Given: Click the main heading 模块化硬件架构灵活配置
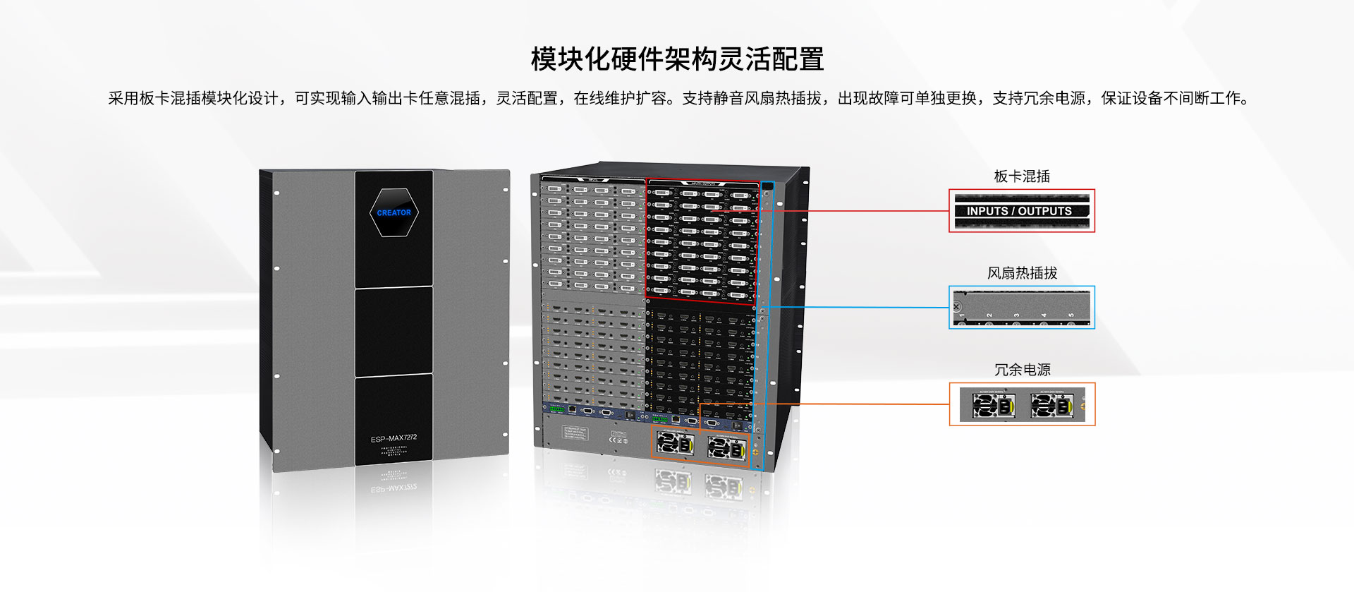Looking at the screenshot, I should click(x=677, y=59).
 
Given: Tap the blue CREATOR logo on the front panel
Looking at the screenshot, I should click(x=394, y=212).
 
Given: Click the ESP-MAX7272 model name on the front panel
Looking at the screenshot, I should click(x=394, y=438).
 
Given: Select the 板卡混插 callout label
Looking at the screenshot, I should click(x=1022, y=176).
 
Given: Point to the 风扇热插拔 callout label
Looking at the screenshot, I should click(x=1022, y=273).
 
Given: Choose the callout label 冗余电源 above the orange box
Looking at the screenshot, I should click(x=1022, y=370).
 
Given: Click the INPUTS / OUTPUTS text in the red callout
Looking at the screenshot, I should click(x=1019, y=211).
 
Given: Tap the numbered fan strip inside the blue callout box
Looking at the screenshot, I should click(x=1022, y=308).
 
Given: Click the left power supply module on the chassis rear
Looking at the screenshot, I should click(x=675, y=444).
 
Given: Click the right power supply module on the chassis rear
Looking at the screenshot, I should click(x=726, y=447).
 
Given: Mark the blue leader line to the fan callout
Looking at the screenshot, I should click(x=860, y=308).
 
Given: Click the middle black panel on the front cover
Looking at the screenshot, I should click(x=394, y=330).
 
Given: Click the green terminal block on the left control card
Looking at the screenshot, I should click(x=556, y=409).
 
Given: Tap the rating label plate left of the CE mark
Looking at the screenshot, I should click(x=574, y=432).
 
